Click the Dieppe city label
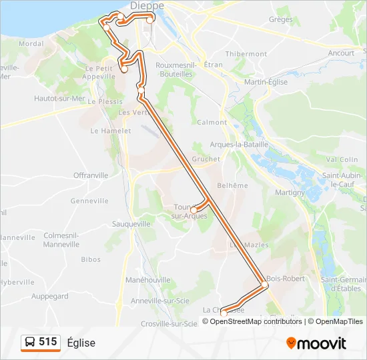(x=147, y=5)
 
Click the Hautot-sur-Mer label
(x=59, y=98)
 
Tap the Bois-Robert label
(x=286, y=278)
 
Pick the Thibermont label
(x=246, y=54)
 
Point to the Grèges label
(x=280, y=20)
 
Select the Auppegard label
(x=50, y=296)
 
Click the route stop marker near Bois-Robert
(x=264, y=285)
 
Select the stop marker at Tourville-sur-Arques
(x=193, y=210)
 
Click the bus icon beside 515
(x=30, y=343)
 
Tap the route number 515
(x=47, y=342)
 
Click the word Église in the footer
(x=81, y=343)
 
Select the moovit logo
(x=316, y=343)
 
